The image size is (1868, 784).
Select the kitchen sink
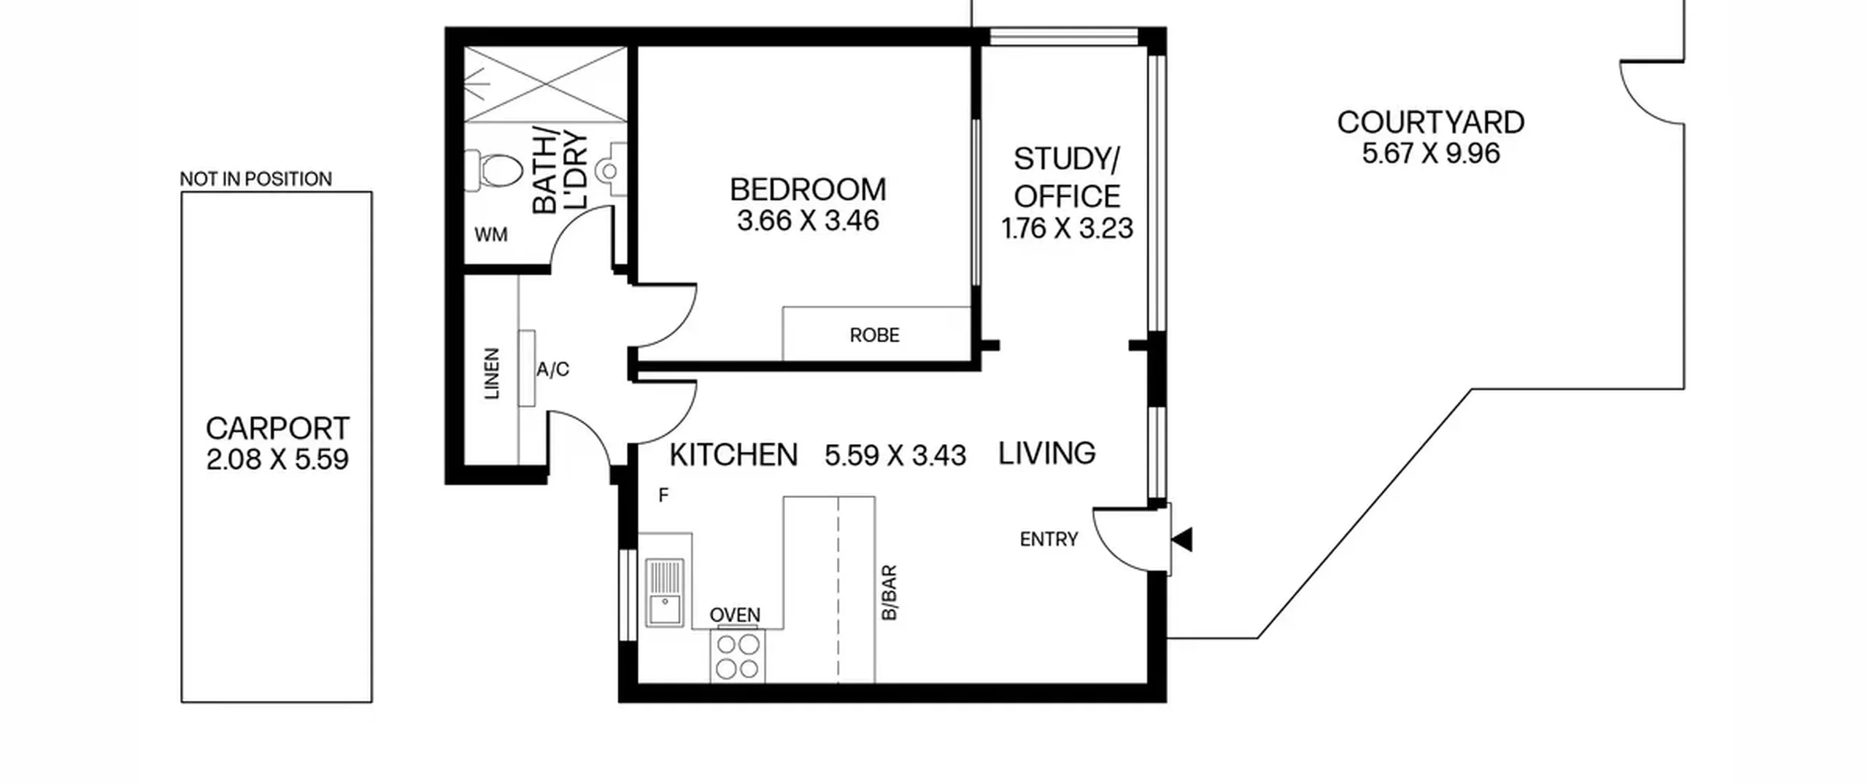point(665,593)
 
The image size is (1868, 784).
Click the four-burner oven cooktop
point(737,656)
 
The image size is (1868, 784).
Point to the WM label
point(491,235)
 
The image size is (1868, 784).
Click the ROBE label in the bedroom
point(874,335)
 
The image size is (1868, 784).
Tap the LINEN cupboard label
point(493,373)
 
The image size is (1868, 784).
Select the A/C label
point(552,370)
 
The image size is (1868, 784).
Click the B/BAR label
point(889,593)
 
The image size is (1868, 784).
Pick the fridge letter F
point(663,496)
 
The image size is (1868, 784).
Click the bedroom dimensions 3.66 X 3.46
point(808,220)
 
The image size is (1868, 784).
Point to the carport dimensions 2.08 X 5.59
point(277,459)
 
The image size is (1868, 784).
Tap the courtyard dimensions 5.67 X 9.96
point(1431,153)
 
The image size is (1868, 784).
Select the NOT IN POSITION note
point(256,179)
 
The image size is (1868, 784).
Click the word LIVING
point(1046,453)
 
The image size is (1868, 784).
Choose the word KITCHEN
point(733,454)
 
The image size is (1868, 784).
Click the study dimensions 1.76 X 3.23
point(1067,228)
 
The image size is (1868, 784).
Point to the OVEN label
point(735,615)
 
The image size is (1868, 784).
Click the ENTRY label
point(1049,539)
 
